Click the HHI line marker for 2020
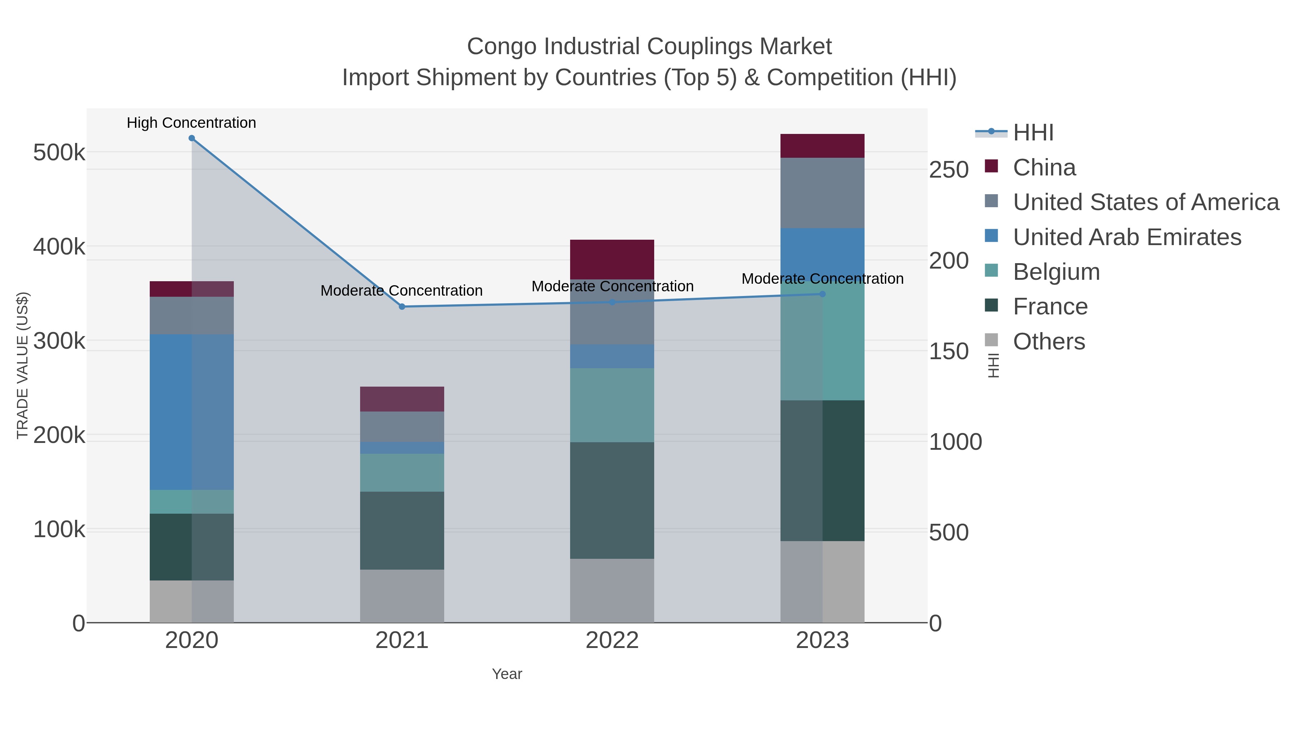coord(192,138)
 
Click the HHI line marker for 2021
coord(402,307)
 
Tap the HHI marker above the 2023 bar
coord(822,294)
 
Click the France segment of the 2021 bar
coord(402,530)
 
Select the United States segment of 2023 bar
coord(822,193)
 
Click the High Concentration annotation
coord(191,123)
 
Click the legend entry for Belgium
coord(1056,272)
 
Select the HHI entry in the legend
coord(1033,133)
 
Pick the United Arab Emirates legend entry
coord(1127,237)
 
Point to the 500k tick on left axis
coord(59,152)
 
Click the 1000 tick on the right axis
coord(955,442)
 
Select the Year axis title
coord(507,674)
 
